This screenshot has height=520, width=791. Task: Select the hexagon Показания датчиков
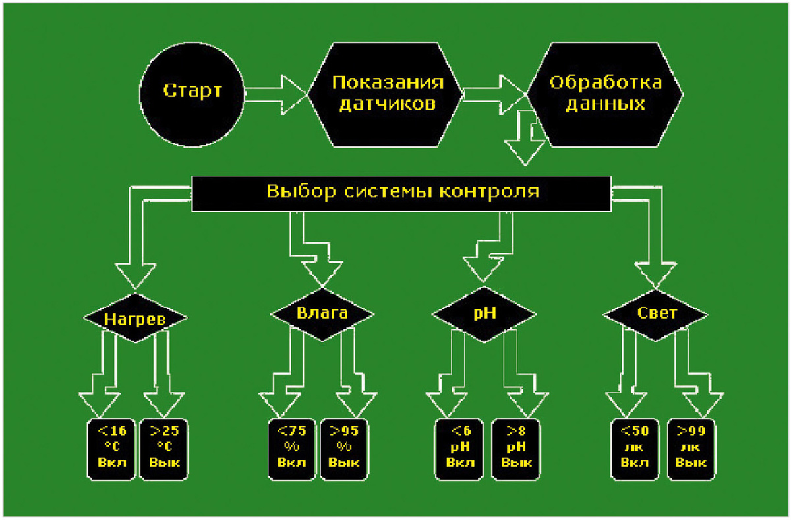tap(386, 92)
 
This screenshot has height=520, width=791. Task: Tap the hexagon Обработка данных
tap(606, 92)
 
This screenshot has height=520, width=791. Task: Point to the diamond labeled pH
tap(484, 315)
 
